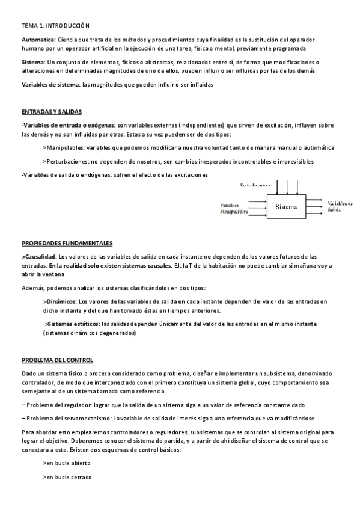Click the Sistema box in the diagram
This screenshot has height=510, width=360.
click(286, 207)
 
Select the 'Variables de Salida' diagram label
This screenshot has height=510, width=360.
click(340, 207)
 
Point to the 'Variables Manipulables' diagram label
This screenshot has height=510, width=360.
click(234, 209)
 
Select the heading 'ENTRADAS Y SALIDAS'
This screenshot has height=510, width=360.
click(52, 112)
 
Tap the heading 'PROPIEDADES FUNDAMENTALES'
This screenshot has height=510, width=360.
click(67, 244)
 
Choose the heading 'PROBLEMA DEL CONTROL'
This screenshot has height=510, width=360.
click(57, 360)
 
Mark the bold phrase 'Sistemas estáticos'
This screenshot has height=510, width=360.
click(73, 324)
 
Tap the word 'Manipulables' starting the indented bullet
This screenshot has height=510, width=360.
click(65, 147)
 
